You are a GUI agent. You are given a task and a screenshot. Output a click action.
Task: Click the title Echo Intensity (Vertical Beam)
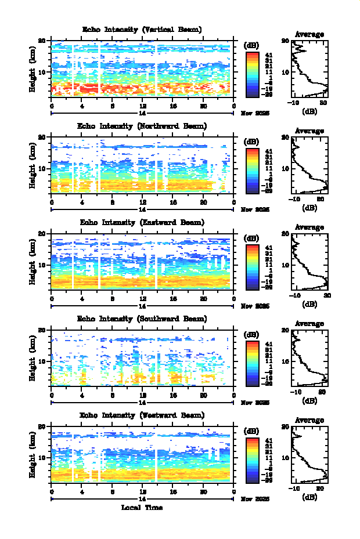click(x=142, y=30)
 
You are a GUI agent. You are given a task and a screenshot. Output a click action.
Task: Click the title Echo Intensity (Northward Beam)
click(x=142, y=126)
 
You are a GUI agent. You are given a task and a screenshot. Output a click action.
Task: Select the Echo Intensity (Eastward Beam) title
click(x=142, y=222)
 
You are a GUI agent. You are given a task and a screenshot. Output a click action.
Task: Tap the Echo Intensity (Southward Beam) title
click(x=142, y=319)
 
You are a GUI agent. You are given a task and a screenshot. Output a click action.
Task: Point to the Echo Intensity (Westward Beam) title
click(x=142, y=415)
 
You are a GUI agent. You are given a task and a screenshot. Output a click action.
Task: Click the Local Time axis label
click(x=142, y=508)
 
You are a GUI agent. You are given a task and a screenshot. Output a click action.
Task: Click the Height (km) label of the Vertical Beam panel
click(x=33, y=71)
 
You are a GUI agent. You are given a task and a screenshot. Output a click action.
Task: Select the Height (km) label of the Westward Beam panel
click(x=33, y=456)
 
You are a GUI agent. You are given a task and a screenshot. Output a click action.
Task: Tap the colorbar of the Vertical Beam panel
click(x=252, y=73)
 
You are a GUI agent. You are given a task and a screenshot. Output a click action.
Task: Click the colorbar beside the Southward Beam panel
click(x=252, y=362)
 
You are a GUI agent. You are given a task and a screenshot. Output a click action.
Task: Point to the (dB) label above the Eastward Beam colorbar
click(x=252, y=238)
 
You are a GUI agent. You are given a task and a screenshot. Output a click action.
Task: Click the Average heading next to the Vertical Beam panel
click(x=309, y=34)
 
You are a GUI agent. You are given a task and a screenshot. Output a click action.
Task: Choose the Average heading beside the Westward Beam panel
click(x=309, y=419)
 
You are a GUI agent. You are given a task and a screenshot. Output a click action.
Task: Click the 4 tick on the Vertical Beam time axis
click(x=82, y=106)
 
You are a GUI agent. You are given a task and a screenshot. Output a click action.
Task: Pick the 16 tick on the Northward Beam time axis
click(x=172, y=202)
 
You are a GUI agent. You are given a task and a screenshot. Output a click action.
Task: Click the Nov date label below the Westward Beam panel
click(x=255, y=499)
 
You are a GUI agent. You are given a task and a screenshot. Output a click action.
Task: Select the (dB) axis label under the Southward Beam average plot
click(x=309, y=400)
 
